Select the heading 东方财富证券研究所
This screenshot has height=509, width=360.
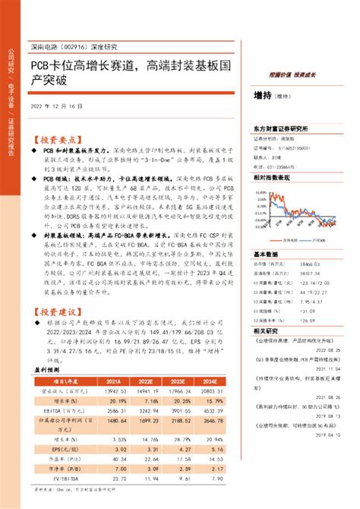(283, 128)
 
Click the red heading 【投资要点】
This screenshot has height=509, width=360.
(55, 140)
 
